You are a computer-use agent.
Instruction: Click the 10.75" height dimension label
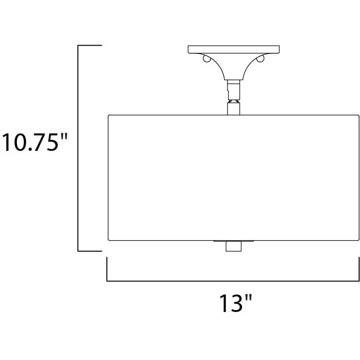[35, 142]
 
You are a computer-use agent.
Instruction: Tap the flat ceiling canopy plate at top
[233, 49]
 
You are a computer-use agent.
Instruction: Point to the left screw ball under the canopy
[207, 59]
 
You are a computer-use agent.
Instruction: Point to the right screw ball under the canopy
[261, 59]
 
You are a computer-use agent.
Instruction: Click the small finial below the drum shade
[233, 246]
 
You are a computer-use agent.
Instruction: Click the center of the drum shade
[233, 178]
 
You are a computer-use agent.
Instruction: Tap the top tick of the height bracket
[90, 45]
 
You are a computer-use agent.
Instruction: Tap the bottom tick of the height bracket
[90, 251]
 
